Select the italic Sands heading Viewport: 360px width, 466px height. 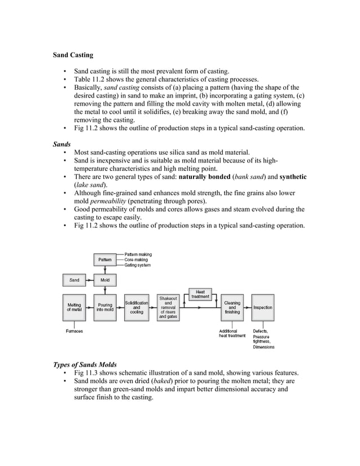(x=62, y=144)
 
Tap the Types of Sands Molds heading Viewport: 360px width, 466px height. (x=85, y=364)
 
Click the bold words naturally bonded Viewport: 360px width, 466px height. (x=208, y=177)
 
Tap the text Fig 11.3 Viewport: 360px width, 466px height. (x=90, y=373)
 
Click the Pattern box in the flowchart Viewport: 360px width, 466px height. (x=104, y=260)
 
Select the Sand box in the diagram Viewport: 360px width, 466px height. (x=74, y=280)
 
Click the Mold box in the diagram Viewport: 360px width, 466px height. (x=104, y=280)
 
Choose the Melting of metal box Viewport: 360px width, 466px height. (x=74, y=307)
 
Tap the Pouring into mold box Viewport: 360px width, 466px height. (x=104, y=307)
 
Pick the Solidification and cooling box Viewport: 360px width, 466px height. (x=136, y=307)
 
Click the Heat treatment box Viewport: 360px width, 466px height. (x=200, y=294)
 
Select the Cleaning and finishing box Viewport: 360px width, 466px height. (x=232, y=307)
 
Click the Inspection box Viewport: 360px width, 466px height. (x=262, y=307)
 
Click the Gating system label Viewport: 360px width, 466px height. (x=138, y=265)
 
